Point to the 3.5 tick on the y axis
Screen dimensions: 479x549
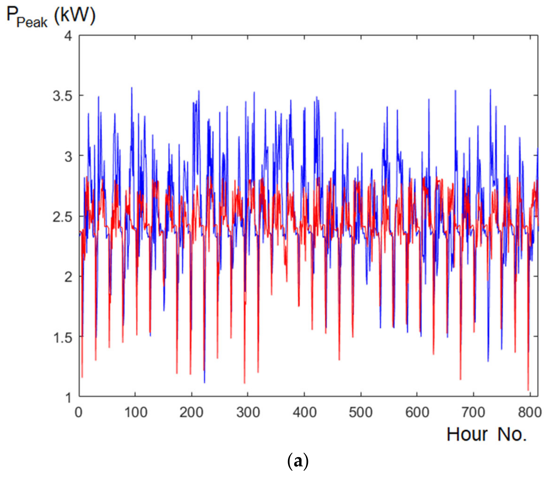click(x=63, y=96)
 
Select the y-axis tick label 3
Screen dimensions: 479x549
click(x=68, y=156)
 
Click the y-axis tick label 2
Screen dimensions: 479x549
click(x=68, y=277)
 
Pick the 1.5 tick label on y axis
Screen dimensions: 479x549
click(x=63, y=338)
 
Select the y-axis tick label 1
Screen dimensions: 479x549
click(x=68, y=398)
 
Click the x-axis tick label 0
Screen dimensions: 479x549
click(x=78, y=412)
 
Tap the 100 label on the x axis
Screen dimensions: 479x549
click(x=136, y=412)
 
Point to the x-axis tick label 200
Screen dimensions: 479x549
click(x=191, y=412)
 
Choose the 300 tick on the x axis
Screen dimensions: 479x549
click(x=248, y=412)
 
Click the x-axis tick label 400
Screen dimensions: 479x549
click(x=305, y=412)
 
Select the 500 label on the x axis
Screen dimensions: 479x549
click(x=361, y=412)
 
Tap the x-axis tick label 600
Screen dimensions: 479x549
click(x=417, y=412)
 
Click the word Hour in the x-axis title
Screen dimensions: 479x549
click(x=467, y=435)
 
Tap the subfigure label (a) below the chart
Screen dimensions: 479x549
click(x=298, y=462)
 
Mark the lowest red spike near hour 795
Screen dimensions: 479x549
click(x=528, y=390)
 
